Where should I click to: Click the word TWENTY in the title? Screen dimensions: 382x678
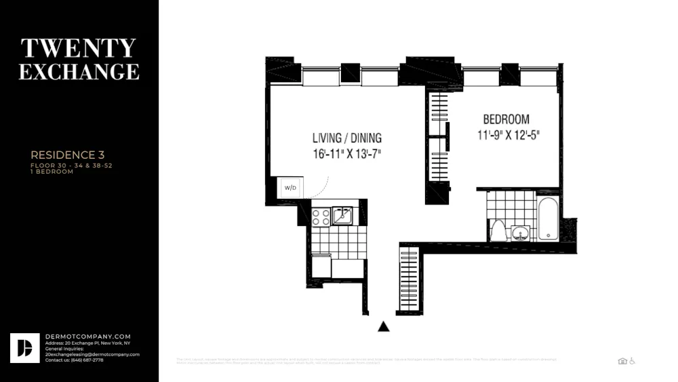(x=79, y=48)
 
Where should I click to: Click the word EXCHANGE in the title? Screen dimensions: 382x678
(x=79, y=71)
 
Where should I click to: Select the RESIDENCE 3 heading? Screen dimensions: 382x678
(x=67, y=155)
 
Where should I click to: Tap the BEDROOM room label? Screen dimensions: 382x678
(x=506, y=119)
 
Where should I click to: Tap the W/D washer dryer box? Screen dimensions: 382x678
(x=290, y=187)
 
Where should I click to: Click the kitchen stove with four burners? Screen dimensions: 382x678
(x=321, y=217)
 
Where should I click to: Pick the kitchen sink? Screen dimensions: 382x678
(x=342, y=216)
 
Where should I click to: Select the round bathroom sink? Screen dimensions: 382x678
(x=521, y=234)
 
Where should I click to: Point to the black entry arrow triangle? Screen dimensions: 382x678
(x=384, y=326)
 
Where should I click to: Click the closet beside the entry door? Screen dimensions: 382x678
(x=410, y=279)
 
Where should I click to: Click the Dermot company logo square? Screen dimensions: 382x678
(x=25, y=347)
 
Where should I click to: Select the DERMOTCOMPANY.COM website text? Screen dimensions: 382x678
(x=87, y=337)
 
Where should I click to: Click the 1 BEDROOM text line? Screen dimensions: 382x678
(x=52, y=172)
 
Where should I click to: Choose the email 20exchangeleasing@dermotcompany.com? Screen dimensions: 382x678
(x=92, y=354)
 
